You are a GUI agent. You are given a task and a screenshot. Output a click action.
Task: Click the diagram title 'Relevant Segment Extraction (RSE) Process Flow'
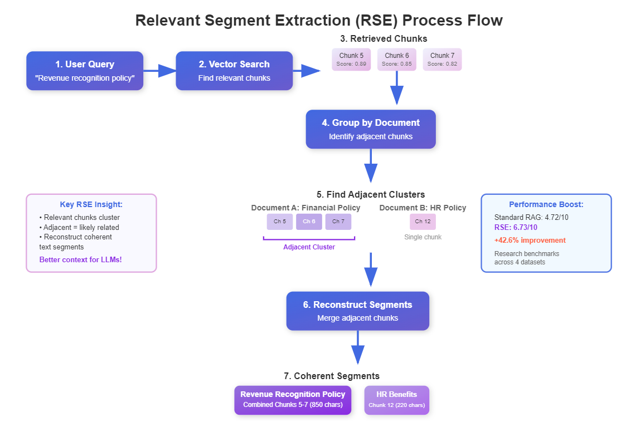click(319, 21)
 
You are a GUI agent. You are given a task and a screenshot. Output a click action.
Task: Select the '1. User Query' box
click(85, 71)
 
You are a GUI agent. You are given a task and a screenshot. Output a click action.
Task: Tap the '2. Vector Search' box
click(234, 71)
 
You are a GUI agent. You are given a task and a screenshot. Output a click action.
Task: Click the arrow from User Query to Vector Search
click(159, 71)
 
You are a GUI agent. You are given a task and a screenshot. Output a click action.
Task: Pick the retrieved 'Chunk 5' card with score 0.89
click(351, 60)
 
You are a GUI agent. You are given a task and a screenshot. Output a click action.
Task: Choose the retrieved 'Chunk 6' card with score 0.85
click(397, 60)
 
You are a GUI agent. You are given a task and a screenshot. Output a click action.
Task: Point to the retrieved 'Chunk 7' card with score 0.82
click(442, 60)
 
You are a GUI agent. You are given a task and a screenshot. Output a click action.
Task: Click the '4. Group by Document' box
click(371, 129)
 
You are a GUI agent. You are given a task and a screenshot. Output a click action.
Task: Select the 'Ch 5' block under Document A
click(280, 222)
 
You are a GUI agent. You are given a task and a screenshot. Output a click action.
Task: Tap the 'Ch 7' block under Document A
click(338, 222)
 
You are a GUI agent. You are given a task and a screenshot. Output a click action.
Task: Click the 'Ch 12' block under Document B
click(423, 222)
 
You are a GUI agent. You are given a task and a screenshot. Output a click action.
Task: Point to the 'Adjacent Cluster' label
click(309, 247)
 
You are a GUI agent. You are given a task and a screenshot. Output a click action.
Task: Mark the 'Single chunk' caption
click(423, 237)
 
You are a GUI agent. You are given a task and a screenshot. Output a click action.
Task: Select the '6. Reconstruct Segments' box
click(357, 311)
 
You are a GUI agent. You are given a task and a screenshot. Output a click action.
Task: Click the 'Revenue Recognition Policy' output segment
click(293, 400)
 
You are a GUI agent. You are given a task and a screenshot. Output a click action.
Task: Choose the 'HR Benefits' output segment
click(396, 400)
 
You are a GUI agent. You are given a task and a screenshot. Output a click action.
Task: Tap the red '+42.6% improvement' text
click(530, 241)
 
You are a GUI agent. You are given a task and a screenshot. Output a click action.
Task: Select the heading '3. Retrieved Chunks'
click(384, 38)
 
